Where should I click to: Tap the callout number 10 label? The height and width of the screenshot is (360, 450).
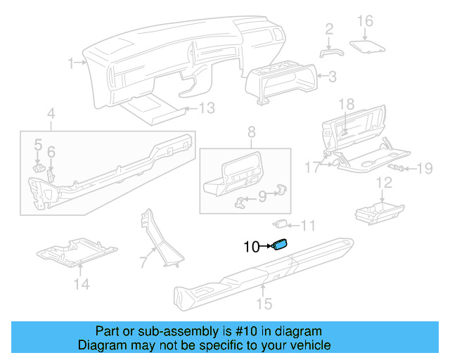point(252,246)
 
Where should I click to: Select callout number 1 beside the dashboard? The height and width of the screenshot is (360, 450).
point(71,63)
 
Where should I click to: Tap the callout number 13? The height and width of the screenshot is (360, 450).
point(205,108)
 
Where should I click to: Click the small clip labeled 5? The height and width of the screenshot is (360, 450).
point(39,168)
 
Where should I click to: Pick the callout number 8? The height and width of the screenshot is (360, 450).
point(250,131)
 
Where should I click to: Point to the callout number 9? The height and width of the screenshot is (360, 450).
point(262,197)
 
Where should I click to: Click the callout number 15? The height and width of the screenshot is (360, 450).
point(264,304)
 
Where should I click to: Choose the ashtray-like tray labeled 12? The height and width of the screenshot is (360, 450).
point(378,210)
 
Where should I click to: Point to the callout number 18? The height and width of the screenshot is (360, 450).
point(345,104)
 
